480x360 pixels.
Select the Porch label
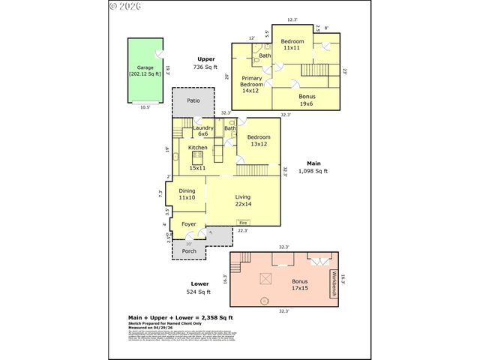tap(189, 250)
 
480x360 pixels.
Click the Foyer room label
tap(188, 223)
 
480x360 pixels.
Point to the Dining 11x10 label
tap(187, 193)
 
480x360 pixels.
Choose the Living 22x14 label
tap(242, 201)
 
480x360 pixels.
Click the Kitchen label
tap(197, 148)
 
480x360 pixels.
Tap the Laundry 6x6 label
tap(203, 130)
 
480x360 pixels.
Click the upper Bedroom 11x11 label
tap(292, 44)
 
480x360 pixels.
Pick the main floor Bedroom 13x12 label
tap(258, 140)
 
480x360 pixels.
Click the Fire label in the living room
tap(242, 222)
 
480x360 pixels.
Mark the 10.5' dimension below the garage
tap(145, 107)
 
